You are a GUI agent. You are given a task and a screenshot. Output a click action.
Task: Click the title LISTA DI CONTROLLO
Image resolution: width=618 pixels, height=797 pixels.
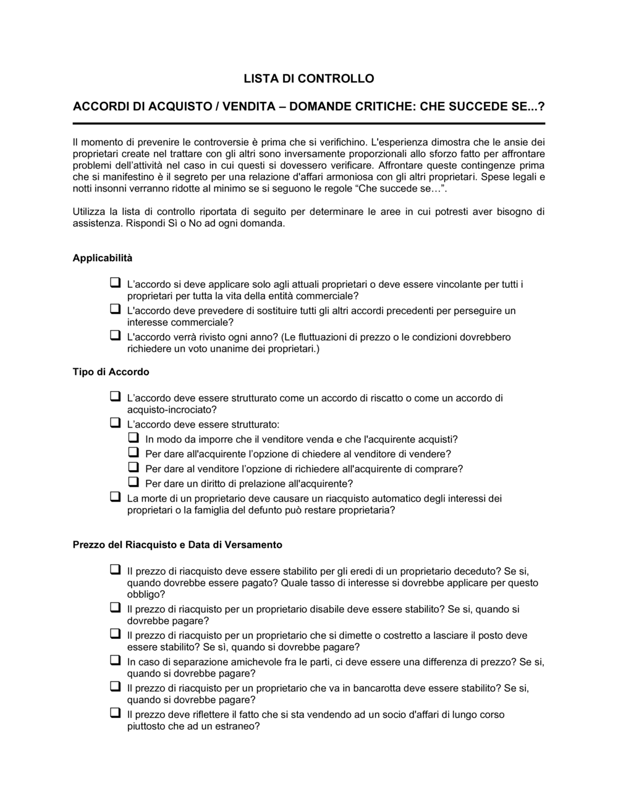308,78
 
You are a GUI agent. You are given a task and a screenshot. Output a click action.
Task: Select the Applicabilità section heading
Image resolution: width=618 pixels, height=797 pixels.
103,258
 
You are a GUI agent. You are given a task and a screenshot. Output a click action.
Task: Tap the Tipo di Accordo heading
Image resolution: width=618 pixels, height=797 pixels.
111,372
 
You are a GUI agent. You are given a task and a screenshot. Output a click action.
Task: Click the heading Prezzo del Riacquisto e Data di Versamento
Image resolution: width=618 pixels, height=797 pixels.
177,544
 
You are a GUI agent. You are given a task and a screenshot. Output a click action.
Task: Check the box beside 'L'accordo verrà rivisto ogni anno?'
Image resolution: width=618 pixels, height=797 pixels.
115,335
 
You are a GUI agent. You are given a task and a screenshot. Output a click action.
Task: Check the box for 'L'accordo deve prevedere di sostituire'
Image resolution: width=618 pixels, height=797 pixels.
115,309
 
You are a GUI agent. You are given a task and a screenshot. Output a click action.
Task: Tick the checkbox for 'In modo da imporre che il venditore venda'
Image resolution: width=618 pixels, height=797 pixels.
133,437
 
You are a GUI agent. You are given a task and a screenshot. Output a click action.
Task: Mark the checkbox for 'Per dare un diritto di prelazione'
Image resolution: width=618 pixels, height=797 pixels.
133,482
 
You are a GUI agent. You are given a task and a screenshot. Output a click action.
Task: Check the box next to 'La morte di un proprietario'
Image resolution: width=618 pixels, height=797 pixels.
115,497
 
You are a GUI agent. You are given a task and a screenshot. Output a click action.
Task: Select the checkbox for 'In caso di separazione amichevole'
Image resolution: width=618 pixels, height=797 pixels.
115,660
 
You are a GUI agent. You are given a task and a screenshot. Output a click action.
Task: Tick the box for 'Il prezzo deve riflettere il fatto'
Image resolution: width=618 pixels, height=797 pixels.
115,713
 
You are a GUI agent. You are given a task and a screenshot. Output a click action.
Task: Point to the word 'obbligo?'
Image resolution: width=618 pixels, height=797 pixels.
146,594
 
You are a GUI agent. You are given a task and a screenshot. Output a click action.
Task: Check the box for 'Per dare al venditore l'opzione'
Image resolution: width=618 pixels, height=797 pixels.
133,467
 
